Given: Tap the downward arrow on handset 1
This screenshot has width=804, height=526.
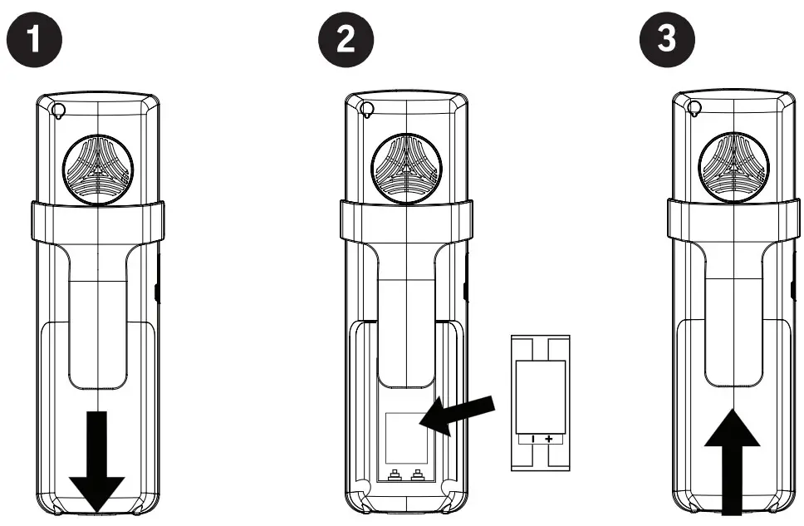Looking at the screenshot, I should (96, 465).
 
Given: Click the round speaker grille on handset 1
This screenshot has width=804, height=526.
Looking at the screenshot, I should (97, 166).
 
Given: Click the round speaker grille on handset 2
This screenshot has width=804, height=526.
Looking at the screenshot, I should (404, 166).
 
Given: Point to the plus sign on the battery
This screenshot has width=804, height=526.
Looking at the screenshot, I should (548, 438).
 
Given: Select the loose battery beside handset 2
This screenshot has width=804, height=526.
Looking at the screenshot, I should (539, 402).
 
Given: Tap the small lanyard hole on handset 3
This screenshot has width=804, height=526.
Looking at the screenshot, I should (694, 108).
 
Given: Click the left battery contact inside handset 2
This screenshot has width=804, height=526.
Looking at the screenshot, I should (395, 476).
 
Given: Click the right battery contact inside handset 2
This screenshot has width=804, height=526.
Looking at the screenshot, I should (416, 476).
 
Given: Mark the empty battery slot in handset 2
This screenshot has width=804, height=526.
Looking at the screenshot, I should (406, 438).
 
